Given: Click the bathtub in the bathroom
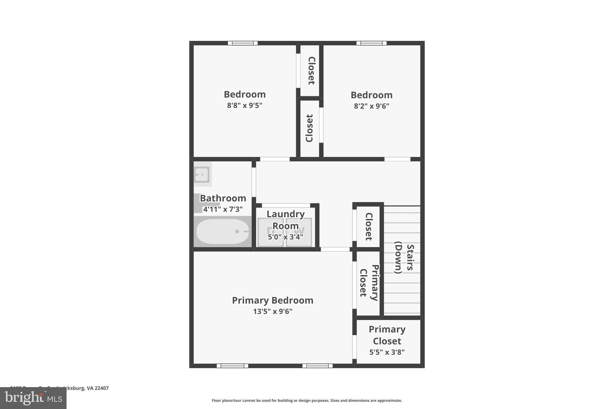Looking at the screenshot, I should pos(222,231).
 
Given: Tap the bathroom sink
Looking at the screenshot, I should pos(201,174).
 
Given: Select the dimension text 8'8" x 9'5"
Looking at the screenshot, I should pos(245,105).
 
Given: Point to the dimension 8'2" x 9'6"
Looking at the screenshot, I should pos(371,106).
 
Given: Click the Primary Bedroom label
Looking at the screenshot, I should pos(273,300).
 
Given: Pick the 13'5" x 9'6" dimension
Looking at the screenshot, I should pos(273,312).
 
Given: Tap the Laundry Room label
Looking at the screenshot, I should pos(285,220).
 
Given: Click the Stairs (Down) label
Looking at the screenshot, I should pos(404,259).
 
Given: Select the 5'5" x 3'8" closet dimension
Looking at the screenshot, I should pos(387,352).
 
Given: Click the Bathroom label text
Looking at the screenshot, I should pos(223,198).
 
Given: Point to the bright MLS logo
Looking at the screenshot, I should pos(33,398).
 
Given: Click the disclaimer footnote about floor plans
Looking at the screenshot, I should pos(307,401).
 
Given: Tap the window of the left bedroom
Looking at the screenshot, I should pos(243,43).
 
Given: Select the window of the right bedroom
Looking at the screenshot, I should pos(371,43).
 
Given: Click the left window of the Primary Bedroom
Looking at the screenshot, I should pos(232,366).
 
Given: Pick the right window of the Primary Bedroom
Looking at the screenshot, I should pos(317,366).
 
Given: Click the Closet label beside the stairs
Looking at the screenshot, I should pos(368,227).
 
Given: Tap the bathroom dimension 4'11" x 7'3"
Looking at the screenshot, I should pos(223,209).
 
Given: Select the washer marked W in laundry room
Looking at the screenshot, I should pos(299,232).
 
